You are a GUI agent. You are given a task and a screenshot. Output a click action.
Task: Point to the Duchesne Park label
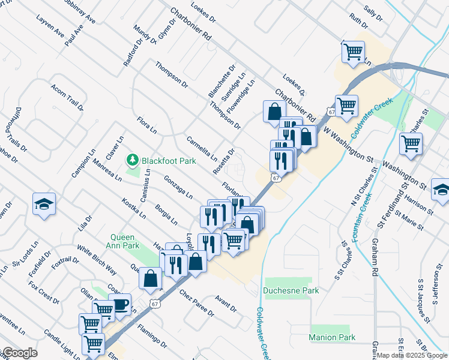291,290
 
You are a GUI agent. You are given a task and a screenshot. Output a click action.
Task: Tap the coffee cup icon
120,304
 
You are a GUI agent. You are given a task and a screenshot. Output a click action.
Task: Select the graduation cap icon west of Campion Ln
44,204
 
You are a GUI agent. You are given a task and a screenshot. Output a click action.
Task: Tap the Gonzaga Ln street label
178,187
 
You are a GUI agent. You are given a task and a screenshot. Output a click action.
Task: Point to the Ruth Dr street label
358,21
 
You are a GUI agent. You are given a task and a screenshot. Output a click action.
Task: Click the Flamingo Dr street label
151,337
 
